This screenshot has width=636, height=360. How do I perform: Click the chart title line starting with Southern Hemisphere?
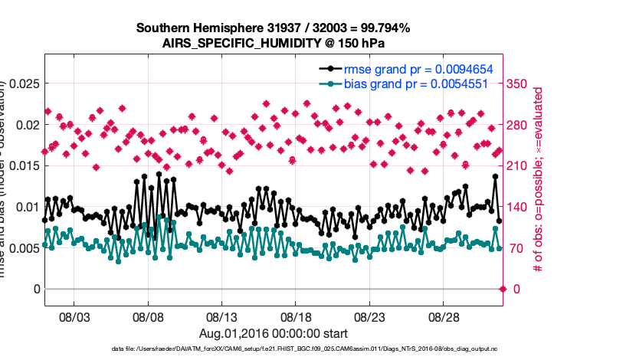point(273,28)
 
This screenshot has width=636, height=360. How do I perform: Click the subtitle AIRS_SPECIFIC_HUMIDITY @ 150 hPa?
point(273,43)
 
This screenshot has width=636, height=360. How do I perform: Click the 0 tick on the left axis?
point(34,289)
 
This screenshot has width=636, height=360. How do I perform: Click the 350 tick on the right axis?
point(520,83)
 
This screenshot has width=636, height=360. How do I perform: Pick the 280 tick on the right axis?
point(520,125)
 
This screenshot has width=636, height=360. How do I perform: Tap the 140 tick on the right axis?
point(520,207)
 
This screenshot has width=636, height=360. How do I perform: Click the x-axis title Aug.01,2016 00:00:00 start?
point(274,333)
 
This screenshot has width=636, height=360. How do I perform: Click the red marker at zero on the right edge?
point(503,289)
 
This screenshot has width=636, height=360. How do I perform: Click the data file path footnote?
point(274,349)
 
